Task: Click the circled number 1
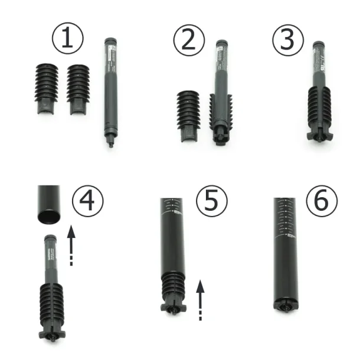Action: (68, 39)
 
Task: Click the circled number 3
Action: (287, 40)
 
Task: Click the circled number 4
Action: (87, 201)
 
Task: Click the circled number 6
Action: (322, 201)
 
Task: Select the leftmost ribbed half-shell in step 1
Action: (47, 89)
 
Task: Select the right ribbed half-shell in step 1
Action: (78, 89)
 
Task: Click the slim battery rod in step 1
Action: (110, 89)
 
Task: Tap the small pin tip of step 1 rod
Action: (110, 143)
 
